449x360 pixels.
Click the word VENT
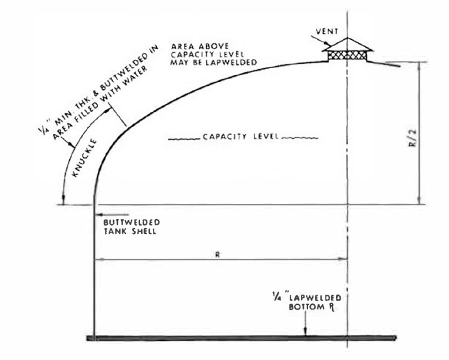[x=327, y=31]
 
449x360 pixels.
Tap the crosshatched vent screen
[x=348, y=55]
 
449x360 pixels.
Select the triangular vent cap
[x=348, y=44]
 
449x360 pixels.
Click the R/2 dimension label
[x=413, y=138]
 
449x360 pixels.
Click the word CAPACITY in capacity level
[x=224, y=137]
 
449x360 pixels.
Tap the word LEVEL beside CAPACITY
[x=266, y=136]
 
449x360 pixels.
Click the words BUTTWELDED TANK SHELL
[x=131, y=227]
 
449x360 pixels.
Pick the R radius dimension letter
[x=217, y=254]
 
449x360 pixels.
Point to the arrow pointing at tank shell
[x=113, y=214]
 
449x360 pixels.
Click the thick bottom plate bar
[x=242, y=338]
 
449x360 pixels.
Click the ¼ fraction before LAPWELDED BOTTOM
[x=276, y=298]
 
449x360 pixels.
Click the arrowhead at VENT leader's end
[x=326, y=43]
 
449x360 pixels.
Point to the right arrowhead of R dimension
[x=342, y=259]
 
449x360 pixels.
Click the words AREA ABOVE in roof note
[x=200, y=46]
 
